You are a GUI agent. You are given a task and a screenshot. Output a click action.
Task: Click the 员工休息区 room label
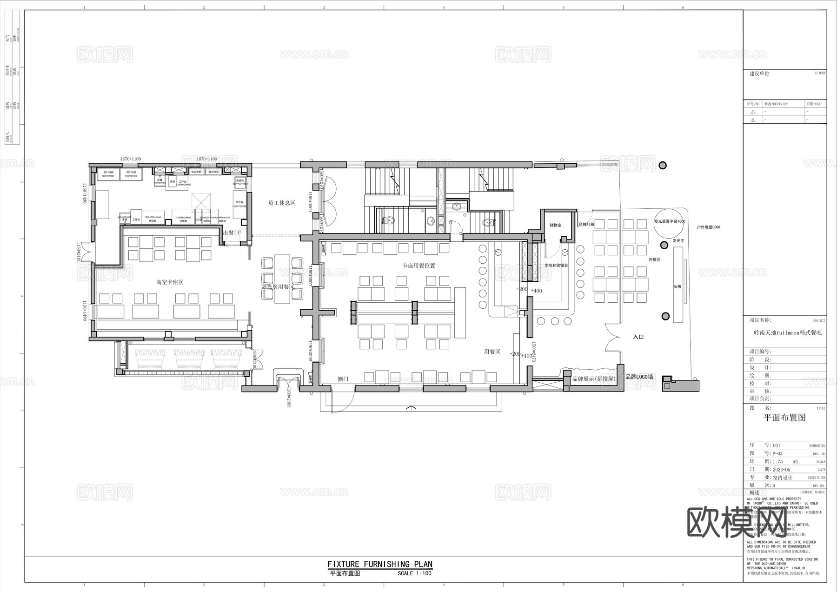[282, 203]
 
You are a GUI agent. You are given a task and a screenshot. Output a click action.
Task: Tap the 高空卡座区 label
[170, 282]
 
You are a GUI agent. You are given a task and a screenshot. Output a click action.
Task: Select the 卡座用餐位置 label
[419, 266]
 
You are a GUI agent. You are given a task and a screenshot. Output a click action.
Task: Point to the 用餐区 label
[492, 352]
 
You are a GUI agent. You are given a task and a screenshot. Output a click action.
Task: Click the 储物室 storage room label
[555, 225]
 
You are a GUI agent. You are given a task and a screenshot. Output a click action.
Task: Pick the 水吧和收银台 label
[556, 265]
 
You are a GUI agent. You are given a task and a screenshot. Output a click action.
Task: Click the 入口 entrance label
[638, 337]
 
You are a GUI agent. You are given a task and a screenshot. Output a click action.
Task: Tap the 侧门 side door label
[343, 379]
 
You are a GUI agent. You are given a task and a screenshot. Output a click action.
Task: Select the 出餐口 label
[231, 233]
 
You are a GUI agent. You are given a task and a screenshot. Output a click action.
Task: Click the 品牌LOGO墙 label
[639, 377]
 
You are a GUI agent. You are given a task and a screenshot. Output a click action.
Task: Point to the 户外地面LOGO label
[708, 227]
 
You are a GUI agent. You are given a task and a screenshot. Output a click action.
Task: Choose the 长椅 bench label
[678, 287]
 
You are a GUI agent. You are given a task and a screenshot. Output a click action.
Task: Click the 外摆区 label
[655, 259]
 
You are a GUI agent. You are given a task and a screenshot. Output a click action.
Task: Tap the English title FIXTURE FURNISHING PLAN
[380, 564]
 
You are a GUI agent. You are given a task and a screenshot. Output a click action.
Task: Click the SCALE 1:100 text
[414, 573]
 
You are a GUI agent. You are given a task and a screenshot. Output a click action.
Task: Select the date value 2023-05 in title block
[781, 470]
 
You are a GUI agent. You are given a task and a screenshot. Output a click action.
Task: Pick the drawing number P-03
[777, 453]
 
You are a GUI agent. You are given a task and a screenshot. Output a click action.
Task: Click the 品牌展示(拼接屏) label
[594, 379]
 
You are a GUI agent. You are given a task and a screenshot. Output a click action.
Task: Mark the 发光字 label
[678, 241]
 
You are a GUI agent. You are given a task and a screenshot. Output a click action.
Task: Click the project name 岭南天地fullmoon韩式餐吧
[788, 333]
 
